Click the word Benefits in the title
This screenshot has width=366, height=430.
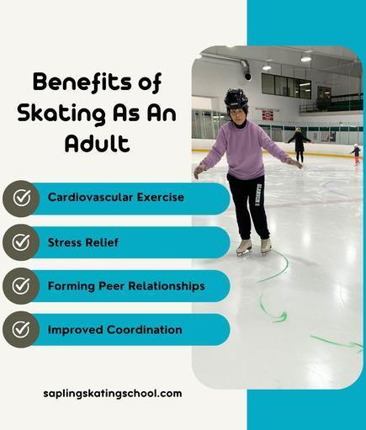[x=82, y=82]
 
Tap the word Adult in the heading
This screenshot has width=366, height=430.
[x=97, y=143]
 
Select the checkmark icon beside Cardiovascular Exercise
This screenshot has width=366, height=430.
[x=21, y=198]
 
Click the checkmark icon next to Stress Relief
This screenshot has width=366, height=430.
[x=21, y=242]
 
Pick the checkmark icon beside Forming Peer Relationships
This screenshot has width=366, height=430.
[x=21, y=285]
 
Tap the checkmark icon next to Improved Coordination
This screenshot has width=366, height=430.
[x=21, y=329]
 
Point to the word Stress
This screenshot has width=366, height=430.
[x=65, y=242]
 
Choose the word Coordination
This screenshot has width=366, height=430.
[x=145, y=330]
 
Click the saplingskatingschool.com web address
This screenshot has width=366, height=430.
[x=113, y=394]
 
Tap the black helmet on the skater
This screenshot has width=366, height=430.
[x=236, y=100]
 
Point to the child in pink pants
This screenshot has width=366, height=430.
[x=356, y=154]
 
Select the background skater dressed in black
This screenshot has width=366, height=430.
[x=299, y=145]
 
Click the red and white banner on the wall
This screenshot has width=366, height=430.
[x=268, y=115]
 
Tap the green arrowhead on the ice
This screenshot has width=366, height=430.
[x=281, y=317]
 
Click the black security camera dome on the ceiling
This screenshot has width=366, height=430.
[x=248, y=77]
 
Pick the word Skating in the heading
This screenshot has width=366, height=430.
[x=61, y=113]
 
